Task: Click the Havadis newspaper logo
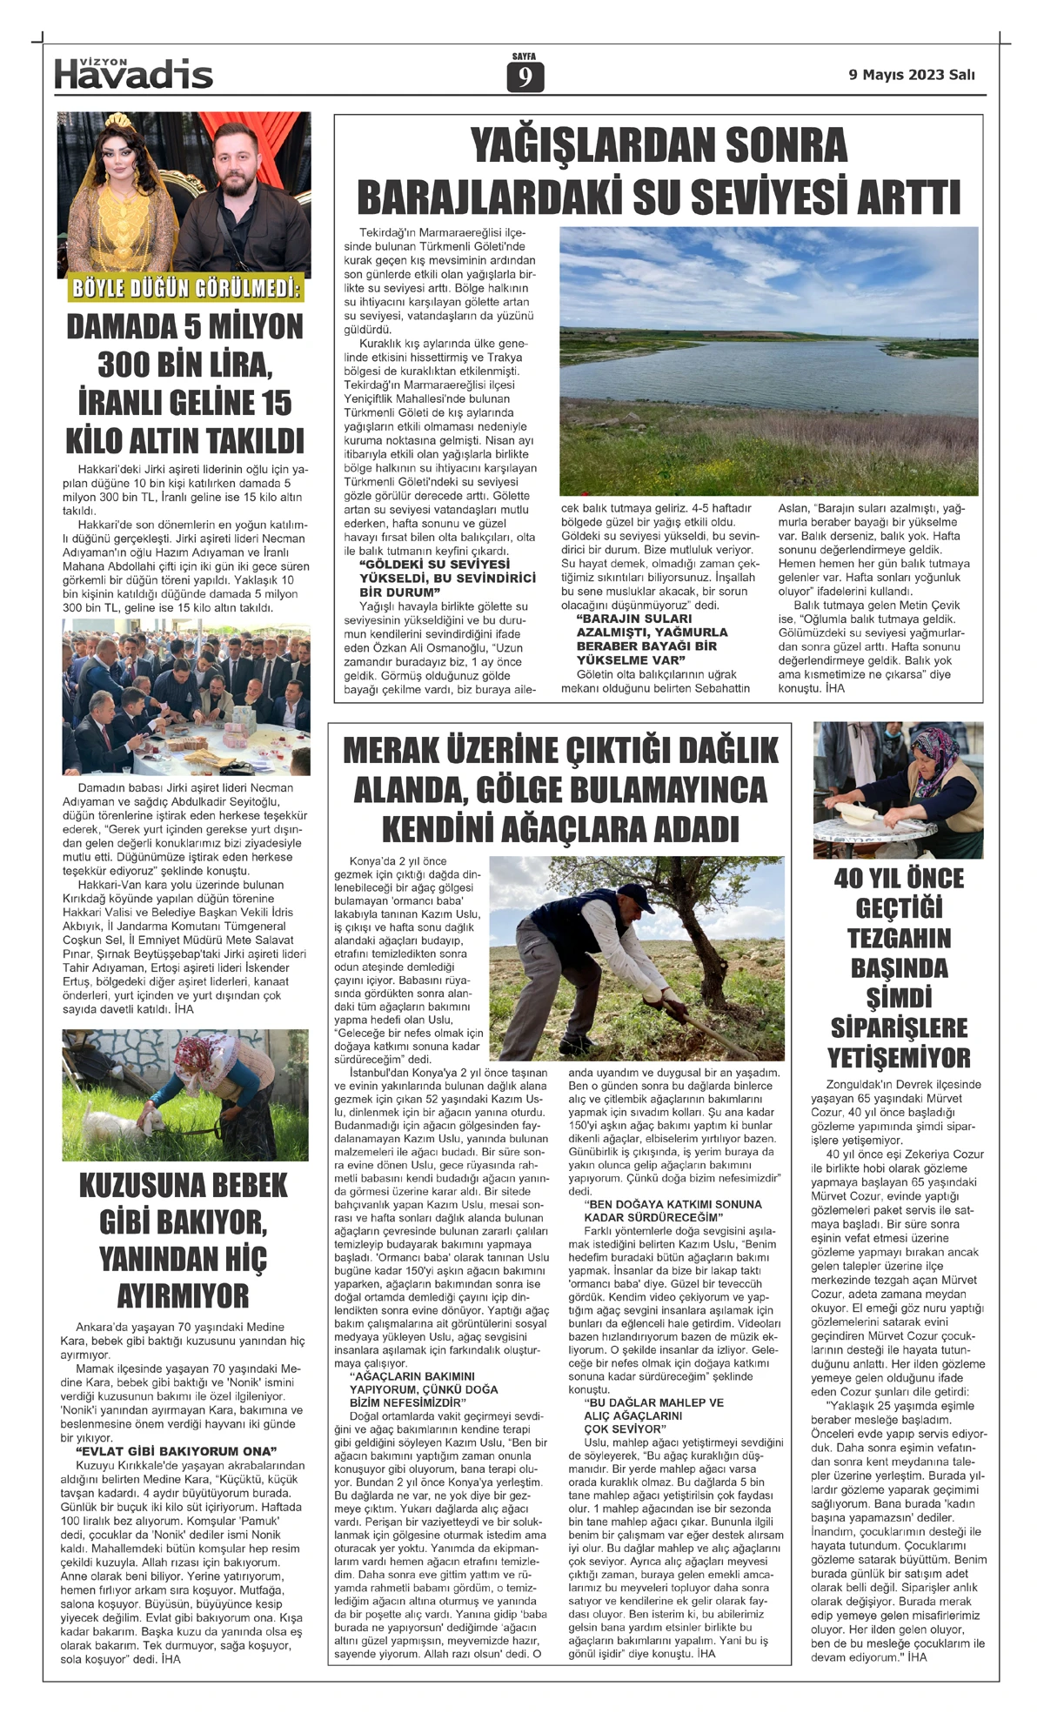click(133, 74)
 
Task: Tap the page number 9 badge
click(525, 78)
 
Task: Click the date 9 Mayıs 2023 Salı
click(912, 75)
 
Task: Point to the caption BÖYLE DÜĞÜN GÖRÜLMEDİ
click(184, 289)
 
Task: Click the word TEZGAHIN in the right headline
click(900, 939)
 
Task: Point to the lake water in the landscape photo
click(766, 356)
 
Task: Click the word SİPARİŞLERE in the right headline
click(899, 1028)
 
